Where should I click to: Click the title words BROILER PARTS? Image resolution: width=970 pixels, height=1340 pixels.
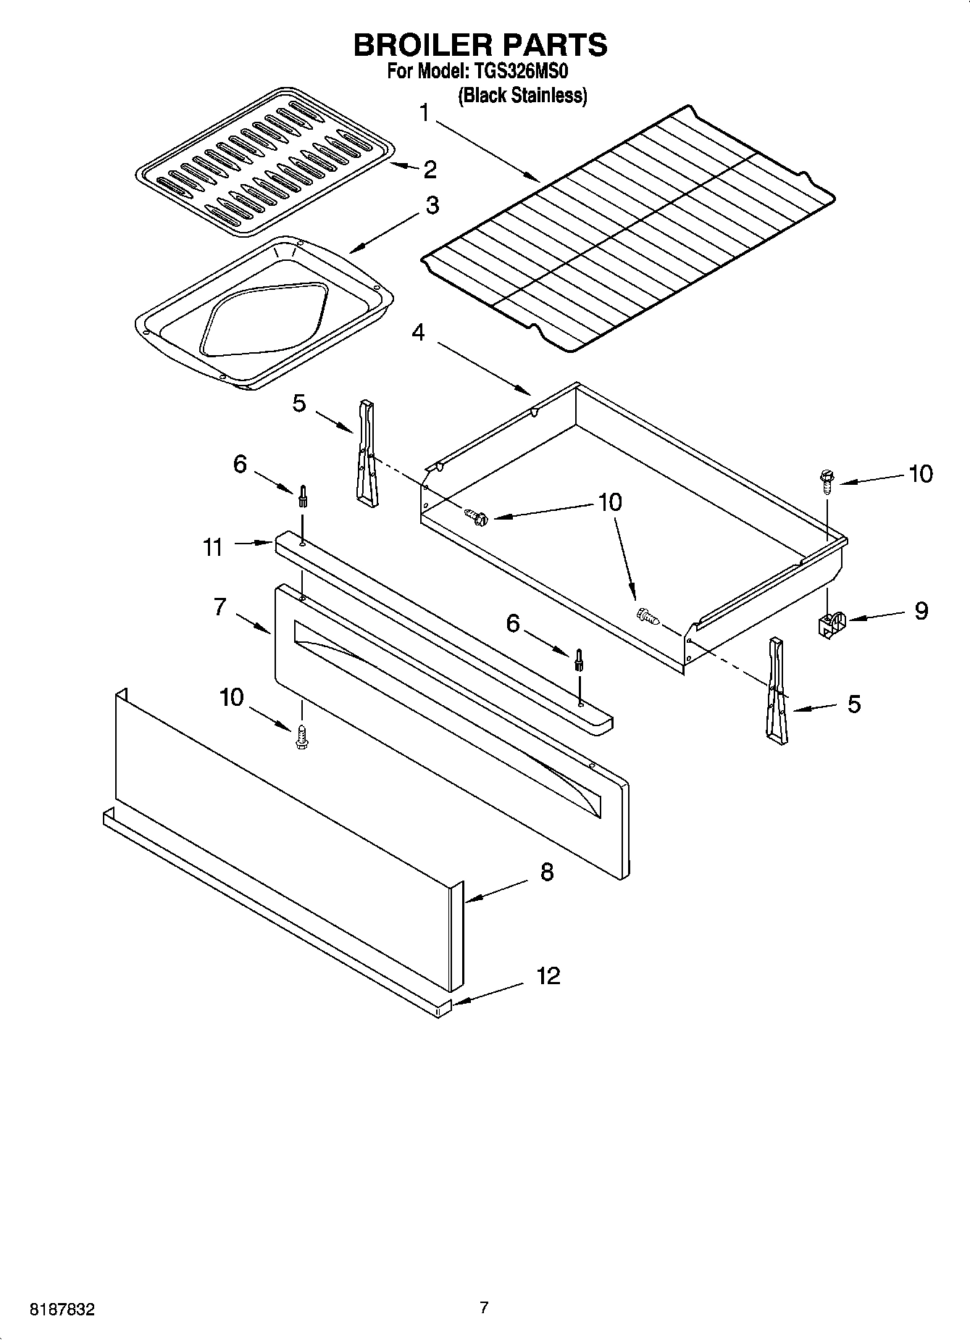480,45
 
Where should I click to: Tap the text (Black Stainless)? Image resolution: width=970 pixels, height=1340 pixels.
522,95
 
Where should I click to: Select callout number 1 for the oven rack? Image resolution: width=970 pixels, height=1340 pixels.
425,113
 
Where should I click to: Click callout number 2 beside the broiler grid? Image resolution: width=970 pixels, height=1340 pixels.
430,170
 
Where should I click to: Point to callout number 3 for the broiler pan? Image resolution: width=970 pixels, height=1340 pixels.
432,206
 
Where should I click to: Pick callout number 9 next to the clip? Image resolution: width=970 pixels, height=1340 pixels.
921,611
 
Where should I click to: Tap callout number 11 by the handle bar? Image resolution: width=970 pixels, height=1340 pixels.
212,547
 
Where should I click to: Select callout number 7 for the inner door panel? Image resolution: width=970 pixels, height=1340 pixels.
220,607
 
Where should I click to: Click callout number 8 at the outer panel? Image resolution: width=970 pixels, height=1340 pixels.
546,872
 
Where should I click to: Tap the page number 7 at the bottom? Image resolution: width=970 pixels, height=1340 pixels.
484,1308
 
